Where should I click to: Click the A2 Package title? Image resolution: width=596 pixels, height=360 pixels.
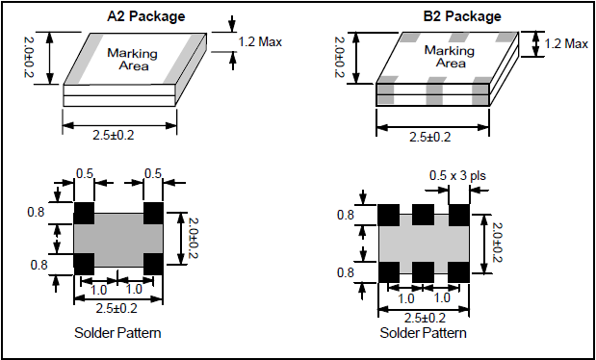pos(146,16)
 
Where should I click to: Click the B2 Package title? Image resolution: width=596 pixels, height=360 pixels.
pos(462,16)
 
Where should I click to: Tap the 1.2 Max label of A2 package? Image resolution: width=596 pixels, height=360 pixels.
pos(260,41)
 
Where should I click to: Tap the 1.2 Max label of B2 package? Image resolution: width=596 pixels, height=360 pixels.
pos(566,44)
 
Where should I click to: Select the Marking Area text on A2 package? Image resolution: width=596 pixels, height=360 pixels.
pos(133,60)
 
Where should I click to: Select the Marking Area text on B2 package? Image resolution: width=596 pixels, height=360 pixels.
pos(450,56)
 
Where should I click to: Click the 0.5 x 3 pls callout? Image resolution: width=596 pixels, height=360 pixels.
pos(457,175)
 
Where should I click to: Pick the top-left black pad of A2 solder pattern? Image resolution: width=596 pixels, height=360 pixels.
pos(84,214)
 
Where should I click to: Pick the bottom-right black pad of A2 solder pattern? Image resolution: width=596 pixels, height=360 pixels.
pos(153,264)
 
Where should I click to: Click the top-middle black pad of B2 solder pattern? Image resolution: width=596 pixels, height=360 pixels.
pos(423,215)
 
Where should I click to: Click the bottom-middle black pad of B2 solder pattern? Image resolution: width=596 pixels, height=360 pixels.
pos(423,272)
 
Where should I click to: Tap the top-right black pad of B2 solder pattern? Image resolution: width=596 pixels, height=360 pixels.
pos(458,216)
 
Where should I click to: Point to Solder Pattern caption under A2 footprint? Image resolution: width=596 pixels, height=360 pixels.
pos(117,333)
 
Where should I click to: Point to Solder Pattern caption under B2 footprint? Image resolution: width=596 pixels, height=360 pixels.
pos(423,333)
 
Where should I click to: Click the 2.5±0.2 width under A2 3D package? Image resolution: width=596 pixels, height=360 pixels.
pos(114,135)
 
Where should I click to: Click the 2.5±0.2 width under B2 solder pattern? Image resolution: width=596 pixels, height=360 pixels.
pos(425,318)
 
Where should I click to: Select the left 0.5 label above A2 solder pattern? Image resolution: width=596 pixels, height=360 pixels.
pos(85,173)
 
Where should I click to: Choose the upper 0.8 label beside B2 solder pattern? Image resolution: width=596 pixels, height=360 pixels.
pos(346,215)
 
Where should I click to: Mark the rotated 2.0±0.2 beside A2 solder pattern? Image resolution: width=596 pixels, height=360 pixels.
pos(194,238)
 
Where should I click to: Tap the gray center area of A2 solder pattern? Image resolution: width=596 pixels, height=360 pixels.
pos(118,240)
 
